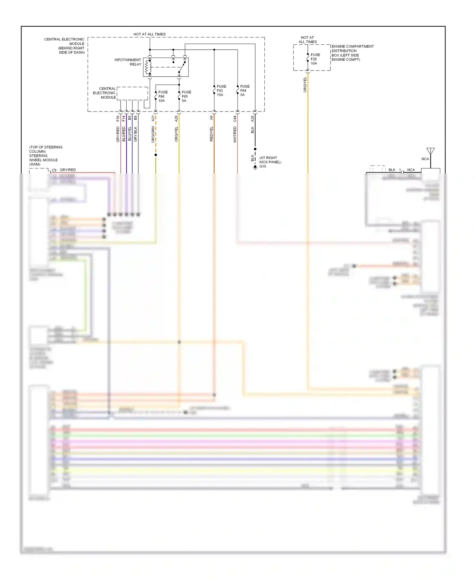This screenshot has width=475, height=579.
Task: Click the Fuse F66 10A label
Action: coord(163,96)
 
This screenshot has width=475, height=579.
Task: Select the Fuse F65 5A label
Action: coord(186,96)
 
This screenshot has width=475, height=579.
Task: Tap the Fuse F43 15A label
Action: coord(221,91)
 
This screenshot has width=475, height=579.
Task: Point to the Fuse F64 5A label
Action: coord(244,91)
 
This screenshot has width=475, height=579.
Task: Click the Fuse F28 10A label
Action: coord(315,59)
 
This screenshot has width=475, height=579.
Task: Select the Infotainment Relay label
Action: coord(128,62)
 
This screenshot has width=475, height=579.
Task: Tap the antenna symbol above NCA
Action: coord(430,151)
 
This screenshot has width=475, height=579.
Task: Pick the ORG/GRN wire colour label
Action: coord(153,134)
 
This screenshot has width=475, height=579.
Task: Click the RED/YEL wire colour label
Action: coord(211,134)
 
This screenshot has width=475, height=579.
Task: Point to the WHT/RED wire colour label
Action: coord(235,134)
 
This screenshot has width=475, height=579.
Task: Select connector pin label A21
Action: coord(153,118)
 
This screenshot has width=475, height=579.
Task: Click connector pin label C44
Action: coord(235,119)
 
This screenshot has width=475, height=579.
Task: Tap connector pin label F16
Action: coord(118,118)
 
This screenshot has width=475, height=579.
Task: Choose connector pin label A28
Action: coord(252,119)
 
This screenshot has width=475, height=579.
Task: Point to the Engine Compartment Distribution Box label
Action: coord(352,53)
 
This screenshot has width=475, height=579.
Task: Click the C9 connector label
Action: coord(54,170)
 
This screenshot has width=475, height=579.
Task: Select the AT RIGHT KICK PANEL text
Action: coord(270,160)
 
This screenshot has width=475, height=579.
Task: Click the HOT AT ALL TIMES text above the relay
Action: coord(149,34)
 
